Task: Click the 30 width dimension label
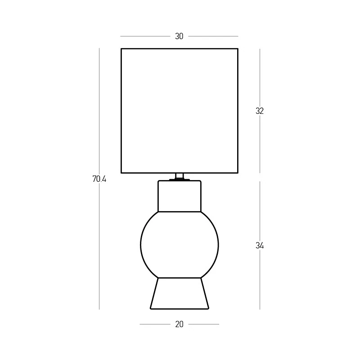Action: pyautogui.click(x=179, y=36)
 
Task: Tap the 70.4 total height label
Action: pyautogui.click(x=99, y=179)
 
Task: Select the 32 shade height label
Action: pyautogui.click(x=260, y=111)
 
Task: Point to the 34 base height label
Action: pyautogui.click(x=260, y=246)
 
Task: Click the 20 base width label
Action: pyautogui.click(x=179, y=324)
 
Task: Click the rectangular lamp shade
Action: pyautogui.click(x=121, y=111)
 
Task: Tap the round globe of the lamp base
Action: pyautogui.click(x=141, y=245)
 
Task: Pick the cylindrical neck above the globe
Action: pyautogui.click(x=158, y=196)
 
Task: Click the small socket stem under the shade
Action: pyautogui.click(x=180, y=176)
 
